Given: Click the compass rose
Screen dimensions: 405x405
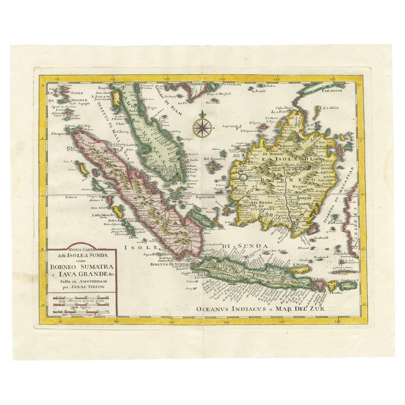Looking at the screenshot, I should coord(201,127).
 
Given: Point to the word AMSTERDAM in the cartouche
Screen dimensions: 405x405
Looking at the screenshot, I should coord(93,281).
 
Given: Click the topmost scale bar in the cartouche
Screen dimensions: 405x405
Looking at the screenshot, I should coord(78,298).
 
